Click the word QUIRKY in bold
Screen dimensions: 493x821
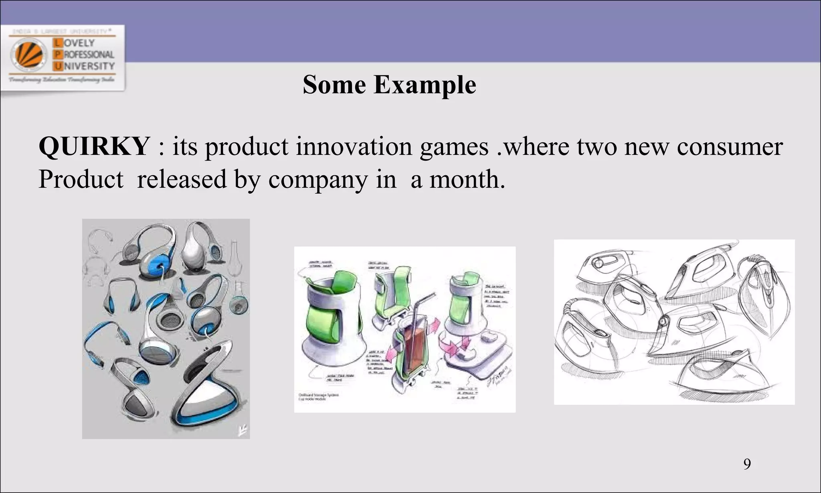click(94, 146)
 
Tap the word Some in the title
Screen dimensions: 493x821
click(334, 85)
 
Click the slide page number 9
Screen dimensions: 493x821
click(747, 464)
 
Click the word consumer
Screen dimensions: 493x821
click(730, 147)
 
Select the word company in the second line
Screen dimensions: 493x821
click(317, 180)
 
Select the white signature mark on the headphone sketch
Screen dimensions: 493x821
click(241, 430)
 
